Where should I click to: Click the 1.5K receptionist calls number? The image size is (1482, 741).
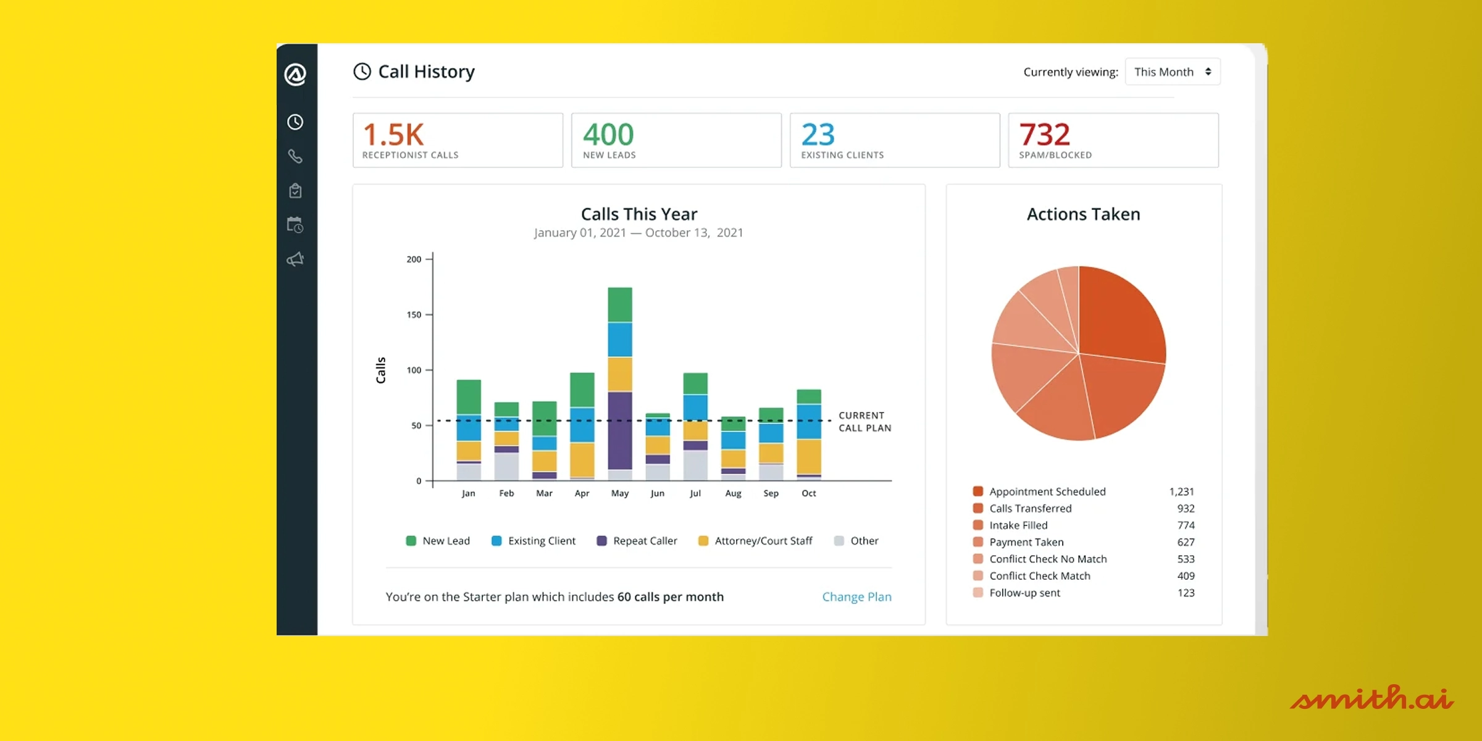tap(393, 135)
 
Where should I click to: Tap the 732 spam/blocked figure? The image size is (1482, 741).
tap(1044, 135)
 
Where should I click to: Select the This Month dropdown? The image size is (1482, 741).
tap(1172, 72)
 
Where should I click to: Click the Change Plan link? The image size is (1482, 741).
tap(856, 597)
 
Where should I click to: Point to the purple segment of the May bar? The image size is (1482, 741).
tap(620, 430)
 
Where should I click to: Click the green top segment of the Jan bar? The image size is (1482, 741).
tap(469, 397)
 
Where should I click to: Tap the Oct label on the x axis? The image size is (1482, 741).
tap(808, 493)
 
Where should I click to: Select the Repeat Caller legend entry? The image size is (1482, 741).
tap(637, 541)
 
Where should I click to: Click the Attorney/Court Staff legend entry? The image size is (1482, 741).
tap(755, 541)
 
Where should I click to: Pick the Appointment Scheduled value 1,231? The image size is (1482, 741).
tap(1181, 492)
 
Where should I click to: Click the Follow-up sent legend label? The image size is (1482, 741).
tap(1024, 593)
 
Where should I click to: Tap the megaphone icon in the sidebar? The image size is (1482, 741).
tap(295, 259)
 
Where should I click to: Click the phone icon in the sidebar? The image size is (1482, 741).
tap(295, 156)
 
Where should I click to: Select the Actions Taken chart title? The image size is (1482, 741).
tap(1083, 214)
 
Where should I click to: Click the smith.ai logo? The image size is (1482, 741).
tap(1371, 698)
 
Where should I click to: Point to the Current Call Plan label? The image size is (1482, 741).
tap(865, 422)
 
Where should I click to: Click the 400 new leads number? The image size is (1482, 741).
tap(608, 135)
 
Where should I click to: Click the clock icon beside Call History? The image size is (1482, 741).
tap(362, 72)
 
